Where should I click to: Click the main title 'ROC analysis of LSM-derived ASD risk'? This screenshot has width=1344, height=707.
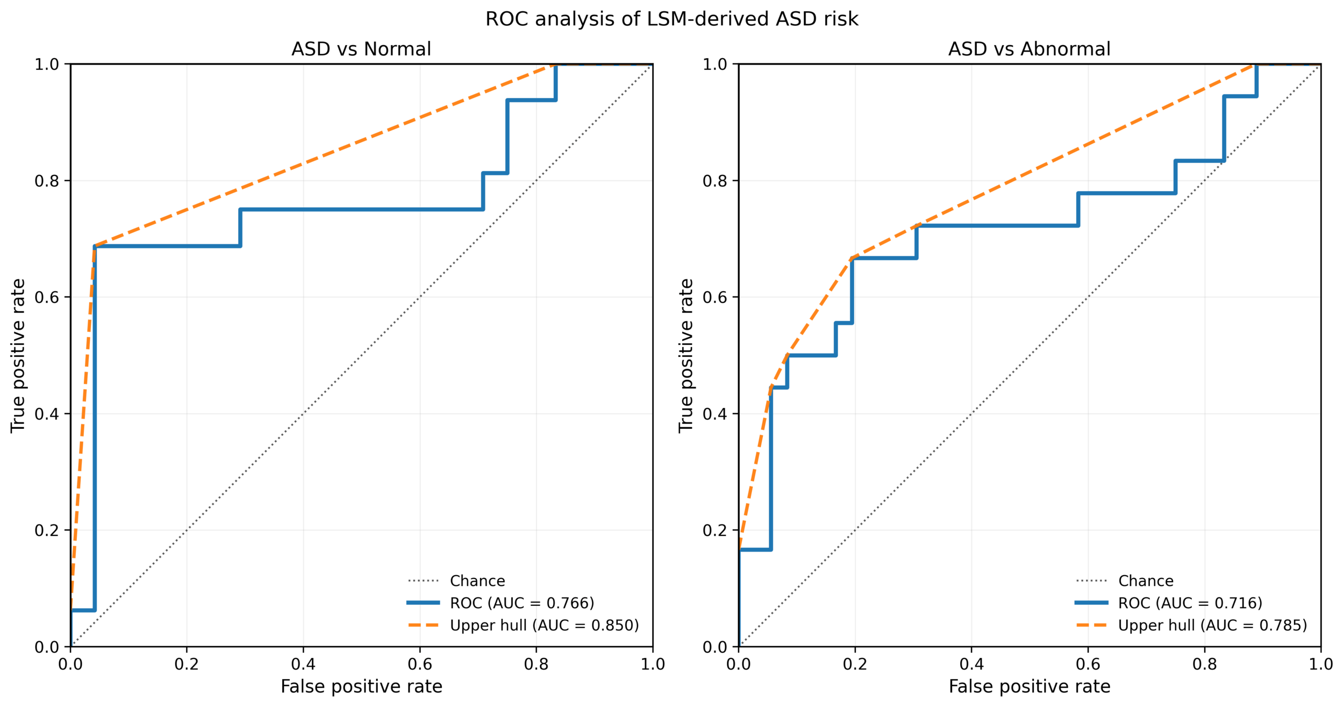671,19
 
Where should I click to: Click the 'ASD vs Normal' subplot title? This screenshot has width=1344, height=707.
361,50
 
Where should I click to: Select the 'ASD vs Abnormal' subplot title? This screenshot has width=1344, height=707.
1029,50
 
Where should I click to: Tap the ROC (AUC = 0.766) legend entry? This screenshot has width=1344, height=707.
521,603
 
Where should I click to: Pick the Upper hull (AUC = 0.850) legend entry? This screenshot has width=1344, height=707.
544,626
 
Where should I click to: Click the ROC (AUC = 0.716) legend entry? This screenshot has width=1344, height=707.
1190,603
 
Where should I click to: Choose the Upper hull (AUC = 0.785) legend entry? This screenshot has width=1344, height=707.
1212,626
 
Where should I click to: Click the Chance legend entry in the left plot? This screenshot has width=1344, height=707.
477,581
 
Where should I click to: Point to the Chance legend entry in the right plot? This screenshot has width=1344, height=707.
1145,581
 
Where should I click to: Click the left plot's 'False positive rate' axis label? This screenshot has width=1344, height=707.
361,687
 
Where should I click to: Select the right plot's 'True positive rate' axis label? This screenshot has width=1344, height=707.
685,355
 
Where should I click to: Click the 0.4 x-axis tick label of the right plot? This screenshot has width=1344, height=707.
971,664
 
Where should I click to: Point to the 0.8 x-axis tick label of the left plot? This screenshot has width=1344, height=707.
536,664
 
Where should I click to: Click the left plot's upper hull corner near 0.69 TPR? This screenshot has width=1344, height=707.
95,246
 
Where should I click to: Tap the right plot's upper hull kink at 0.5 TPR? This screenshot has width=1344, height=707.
787,356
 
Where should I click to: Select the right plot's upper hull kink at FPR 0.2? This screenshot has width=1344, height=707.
852,258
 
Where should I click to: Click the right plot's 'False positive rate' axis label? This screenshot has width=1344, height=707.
1029,687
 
